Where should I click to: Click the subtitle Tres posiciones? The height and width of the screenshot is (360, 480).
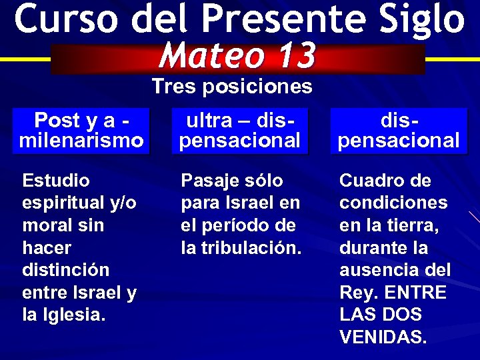(x=231, y=87)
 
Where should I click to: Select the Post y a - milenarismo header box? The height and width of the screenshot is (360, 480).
(x=82, y=131)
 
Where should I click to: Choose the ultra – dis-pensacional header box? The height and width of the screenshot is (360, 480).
(x=240, y=131)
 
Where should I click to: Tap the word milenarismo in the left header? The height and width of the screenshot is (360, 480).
(x=82, y=141)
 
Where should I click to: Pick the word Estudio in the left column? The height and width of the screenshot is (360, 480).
(x=56, y=181)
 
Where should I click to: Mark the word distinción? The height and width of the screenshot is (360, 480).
(x=65, y=271)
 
